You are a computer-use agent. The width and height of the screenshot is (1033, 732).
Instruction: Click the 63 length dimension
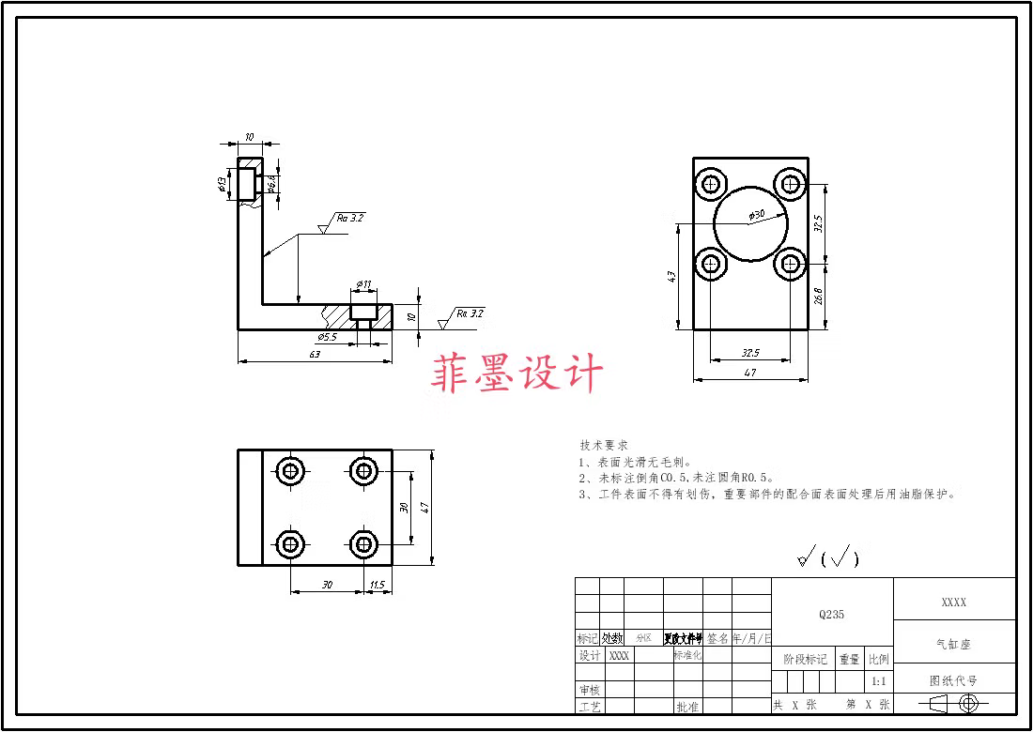(314, 354)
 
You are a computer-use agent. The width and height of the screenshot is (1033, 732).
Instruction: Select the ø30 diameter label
(756, 215)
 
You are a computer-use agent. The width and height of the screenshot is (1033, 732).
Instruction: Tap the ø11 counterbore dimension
(364, 283)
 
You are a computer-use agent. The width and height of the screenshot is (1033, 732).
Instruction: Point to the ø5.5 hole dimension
(327, 336)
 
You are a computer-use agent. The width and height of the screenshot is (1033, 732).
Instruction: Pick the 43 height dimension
(671, 278)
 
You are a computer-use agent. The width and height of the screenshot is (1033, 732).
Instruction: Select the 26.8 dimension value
(818, 297)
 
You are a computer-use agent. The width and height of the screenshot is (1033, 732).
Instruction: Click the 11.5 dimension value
(378, 585)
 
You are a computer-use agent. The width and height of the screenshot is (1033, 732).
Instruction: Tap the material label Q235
(831, 615)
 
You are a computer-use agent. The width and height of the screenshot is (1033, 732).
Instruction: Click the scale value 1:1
(879, 680)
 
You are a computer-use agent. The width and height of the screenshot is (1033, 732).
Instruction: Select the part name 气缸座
(953, 644)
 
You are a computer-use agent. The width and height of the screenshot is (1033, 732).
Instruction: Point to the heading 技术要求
(603, 445)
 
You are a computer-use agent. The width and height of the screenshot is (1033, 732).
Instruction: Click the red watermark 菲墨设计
(516, 374)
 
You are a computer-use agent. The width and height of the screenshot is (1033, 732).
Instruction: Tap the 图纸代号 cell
(953, 680)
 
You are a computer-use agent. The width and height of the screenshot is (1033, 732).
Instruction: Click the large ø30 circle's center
(750, 224)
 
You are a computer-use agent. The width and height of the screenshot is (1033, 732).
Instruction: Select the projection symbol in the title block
(954, 703)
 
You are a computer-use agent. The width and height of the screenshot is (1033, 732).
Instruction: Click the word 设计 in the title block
(589, 656)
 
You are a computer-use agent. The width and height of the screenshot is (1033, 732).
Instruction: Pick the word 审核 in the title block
(589, 690)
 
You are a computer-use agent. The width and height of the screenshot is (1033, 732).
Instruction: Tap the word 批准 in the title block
(686, 707)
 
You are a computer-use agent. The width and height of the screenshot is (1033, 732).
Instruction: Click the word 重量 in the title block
(849, 659)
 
